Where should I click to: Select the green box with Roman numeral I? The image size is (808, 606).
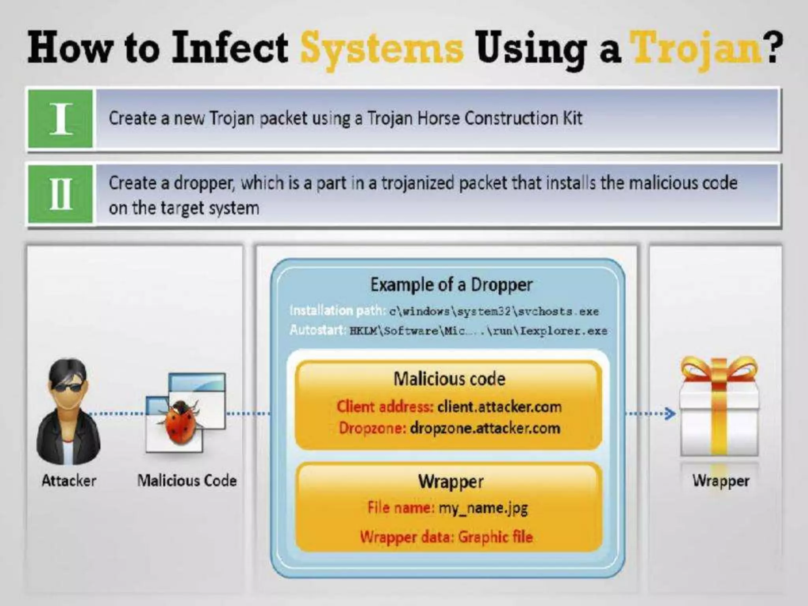(61, 118)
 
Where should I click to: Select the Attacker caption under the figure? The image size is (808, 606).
(69, 481)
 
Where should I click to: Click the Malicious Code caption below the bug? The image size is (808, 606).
(187, 481)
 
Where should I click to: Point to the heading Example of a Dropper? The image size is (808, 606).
(451, 285)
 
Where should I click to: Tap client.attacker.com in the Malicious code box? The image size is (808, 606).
(499, 406)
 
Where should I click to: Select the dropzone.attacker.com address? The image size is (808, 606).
(485, 428)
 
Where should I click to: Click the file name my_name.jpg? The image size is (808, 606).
(483, 508)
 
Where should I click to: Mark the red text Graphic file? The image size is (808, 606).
(496, 537)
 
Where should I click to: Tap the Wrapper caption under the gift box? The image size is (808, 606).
(721, 481)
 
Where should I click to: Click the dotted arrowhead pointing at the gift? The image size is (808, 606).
(670, 413)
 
